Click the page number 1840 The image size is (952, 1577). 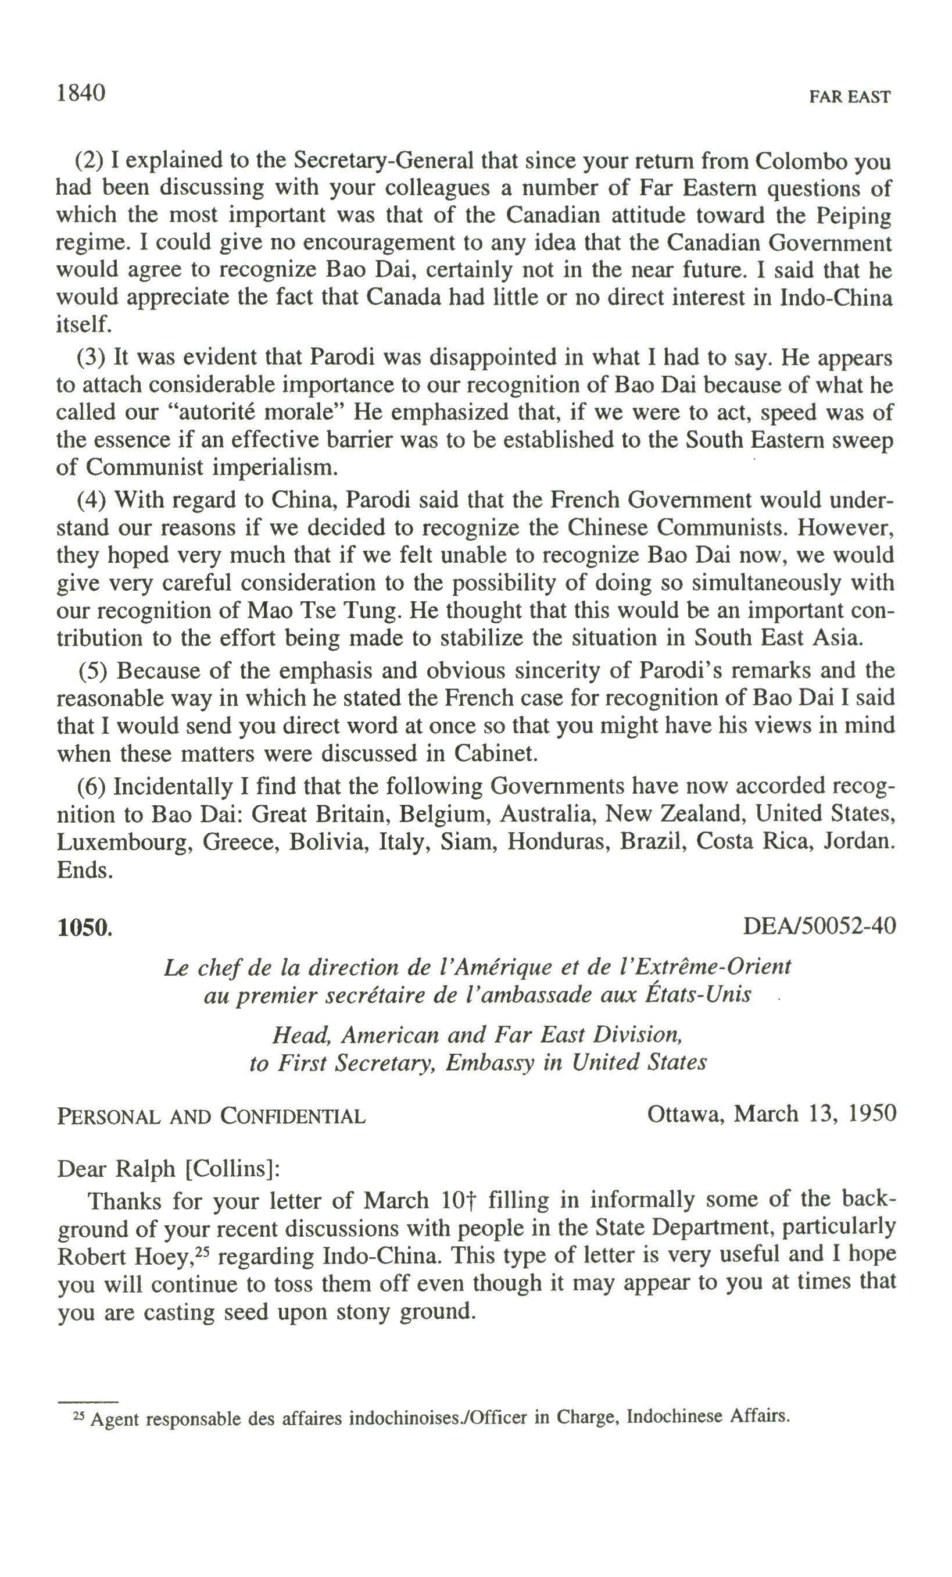coord(81,94)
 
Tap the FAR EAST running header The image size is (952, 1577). coord(849,97)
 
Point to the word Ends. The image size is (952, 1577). coord(84,870)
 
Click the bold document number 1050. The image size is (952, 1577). coord(84,927)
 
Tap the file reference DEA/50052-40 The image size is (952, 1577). coord(819,926)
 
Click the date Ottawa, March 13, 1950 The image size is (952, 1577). coord(771,1114)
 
